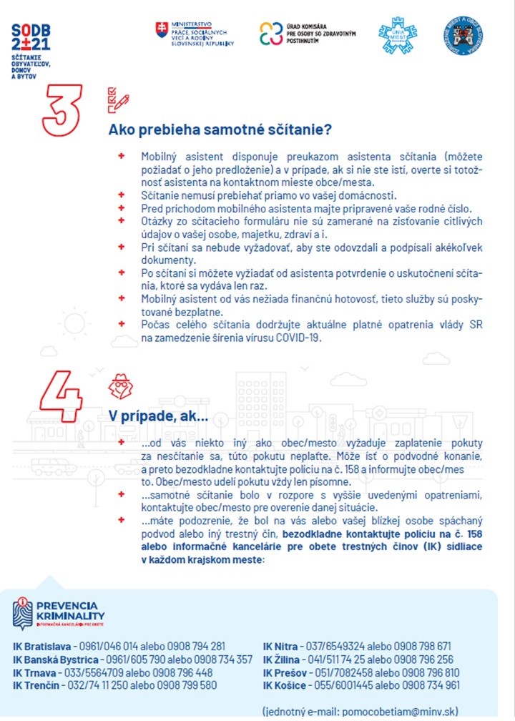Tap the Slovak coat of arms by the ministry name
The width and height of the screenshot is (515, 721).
[x=161, y=31]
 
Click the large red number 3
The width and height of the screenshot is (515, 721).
[x=62, y=110]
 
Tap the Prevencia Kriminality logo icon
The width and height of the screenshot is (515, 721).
[x=23, y=612]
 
